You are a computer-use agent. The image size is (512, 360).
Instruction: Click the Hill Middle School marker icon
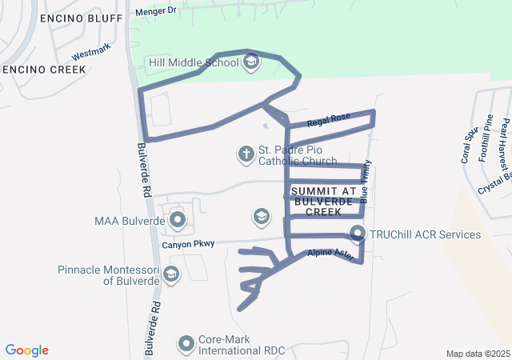251,62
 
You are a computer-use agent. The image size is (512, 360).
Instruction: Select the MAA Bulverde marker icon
177,218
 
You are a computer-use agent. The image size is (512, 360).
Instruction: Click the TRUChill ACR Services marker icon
358,234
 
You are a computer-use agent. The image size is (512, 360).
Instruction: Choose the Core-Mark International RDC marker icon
186,344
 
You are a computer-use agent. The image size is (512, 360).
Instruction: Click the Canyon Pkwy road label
188,243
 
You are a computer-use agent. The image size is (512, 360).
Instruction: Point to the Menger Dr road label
154,11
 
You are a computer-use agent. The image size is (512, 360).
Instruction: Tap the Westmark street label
89,55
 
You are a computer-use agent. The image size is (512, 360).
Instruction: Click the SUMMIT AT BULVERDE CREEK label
323,197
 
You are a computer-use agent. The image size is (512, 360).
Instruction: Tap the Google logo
27,350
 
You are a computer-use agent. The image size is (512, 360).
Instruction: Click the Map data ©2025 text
477,354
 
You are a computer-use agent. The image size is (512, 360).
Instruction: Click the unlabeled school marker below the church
260,216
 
